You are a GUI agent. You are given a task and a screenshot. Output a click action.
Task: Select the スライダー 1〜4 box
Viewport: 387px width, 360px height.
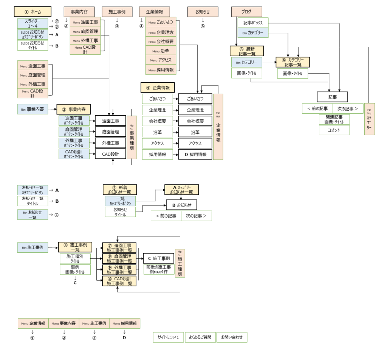[32, 23]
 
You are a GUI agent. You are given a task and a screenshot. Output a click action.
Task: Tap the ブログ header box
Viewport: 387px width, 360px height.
[246, 12]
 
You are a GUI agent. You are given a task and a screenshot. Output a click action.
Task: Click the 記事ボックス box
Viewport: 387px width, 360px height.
[253, 23]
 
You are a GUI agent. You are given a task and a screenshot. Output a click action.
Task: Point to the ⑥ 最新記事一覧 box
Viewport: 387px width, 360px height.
[246, 51]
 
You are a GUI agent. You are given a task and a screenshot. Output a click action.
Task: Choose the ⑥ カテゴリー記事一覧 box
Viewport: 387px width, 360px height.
[293, 62]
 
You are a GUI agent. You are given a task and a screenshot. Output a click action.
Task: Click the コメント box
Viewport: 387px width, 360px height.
[334, 130]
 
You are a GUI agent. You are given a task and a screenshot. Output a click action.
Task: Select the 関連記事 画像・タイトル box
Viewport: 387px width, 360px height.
[334, 119]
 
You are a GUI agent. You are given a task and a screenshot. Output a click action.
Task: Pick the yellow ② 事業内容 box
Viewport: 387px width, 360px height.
[74, 110]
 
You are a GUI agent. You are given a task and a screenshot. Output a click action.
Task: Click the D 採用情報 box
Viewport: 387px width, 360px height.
[195, 155]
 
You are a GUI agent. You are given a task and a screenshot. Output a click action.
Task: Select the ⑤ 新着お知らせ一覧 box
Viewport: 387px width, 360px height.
[120, 190]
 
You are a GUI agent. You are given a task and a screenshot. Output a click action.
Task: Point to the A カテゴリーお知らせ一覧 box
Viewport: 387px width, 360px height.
[181, 190]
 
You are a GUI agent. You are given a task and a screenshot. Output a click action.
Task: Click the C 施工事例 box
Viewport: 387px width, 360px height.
[158, 258]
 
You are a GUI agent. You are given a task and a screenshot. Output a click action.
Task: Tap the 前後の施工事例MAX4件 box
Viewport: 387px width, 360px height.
[158, 269]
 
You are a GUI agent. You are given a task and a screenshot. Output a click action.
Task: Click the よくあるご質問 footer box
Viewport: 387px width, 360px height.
[200, 337]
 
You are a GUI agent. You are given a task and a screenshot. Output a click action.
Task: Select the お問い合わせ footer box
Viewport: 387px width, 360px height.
[232, 337]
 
